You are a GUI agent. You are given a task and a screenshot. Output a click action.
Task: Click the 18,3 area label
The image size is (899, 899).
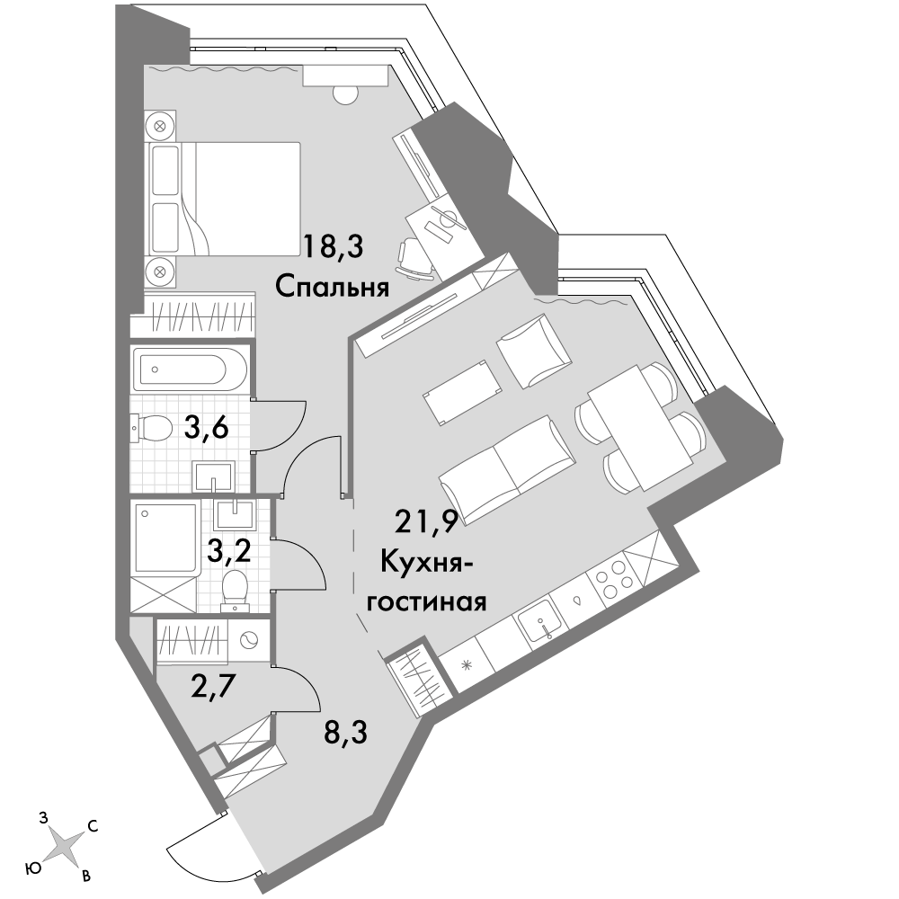(x=334, y=248)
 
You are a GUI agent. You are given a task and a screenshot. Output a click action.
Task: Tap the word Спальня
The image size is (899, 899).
(x=333, y=288)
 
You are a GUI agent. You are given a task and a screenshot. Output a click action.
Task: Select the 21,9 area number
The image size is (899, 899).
(x=426, y=521)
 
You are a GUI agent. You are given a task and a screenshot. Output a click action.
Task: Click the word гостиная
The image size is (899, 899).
(x=426, y=602)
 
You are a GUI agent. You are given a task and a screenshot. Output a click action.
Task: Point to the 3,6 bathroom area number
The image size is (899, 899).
(x=207, y=427)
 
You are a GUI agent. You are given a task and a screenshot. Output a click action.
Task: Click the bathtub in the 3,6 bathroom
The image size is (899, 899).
(x=190, y=369)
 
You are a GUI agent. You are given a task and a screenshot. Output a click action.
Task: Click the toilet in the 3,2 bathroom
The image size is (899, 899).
(x=235, y=588)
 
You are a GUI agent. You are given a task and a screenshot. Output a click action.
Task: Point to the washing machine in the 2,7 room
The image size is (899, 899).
(x=249, y=640)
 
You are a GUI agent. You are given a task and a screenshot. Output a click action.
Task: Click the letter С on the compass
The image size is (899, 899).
(x=93, y=826)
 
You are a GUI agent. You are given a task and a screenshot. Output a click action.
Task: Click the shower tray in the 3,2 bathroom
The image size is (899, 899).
(x=165, y=538)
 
